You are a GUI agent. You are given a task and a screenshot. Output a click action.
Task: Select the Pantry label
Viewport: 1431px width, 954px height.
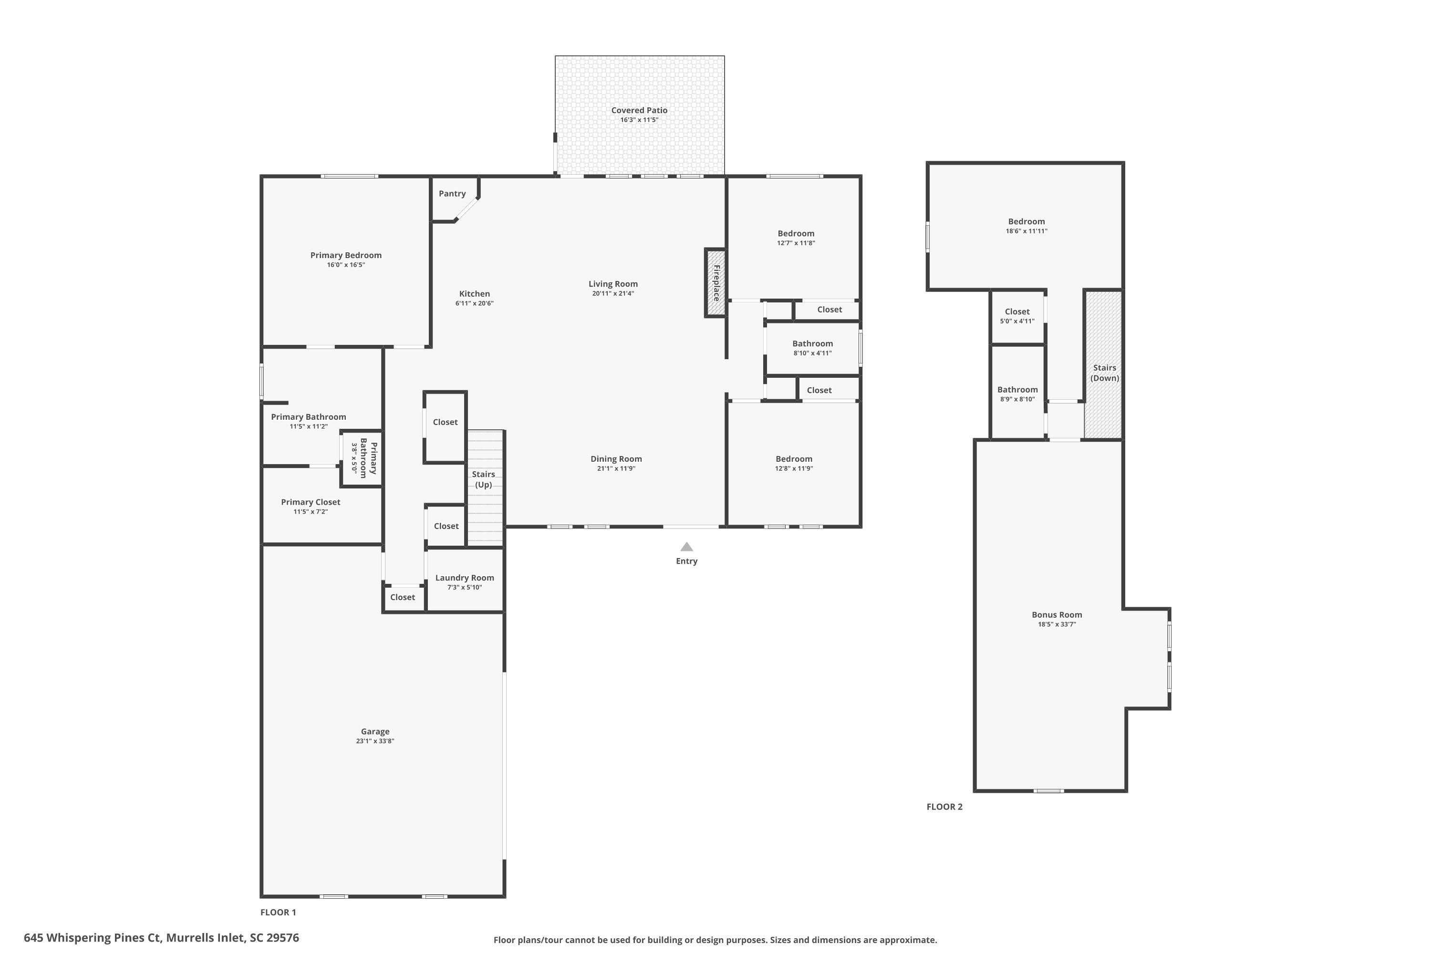tap(452, 194)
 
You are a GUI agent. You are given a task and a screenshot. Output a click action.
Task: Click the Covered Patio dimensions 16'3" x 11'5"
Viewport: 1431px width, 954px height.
tap(639, 120)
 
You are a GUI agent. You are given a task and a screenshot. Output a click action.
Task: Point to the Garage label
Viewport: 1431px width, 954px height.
tap(375, 731)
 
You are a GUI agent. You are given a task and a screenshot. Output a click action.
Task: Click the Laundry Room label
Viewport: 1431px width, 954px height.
tap(464, 577)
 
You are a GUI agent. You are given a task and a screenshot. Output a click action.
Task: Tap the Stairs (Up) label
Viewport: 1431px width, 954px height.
tap(484, 479)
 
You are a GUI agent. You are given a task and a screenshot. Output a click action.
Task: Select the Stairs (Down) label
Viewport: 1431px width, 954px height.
tap(1104, 373)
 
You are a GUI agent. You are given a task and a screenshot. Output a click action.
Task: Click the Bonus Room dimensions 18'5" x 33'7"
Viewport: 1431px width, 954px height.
tap(1057, 624)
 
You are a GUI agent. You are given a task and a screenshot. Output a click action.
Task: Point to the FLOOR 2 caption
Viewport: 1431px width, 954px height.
tap(944, 807)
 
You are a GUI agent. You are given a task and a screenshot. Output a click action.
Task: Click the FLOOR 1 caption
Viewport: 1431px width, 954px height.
tap(278, 912)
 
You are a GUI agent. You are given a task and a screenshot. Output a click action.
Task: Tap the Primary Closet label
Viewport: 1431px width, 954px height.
tap(311, 502)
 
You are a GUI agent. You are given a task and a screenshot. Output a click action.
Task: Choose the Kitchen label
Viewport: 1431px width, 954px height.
tap(474, 293)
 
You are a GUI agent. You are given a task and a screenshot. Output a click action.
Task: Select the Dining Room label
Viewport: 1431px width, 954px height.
tap(616, 459)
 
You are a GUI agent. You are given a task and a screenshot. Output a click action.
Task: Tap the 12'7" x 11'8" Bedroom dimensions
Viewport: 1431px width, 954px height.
tap(796, 243)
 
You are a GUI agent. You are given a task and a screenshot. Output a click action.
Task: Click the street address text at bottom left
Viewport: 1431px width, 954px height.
tap(161, 938)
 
